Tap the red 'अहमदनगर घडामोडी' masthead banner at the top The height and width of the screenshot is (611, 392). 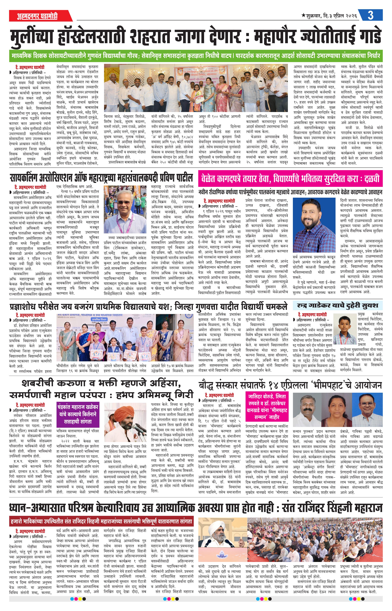(x=37, y=16)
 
